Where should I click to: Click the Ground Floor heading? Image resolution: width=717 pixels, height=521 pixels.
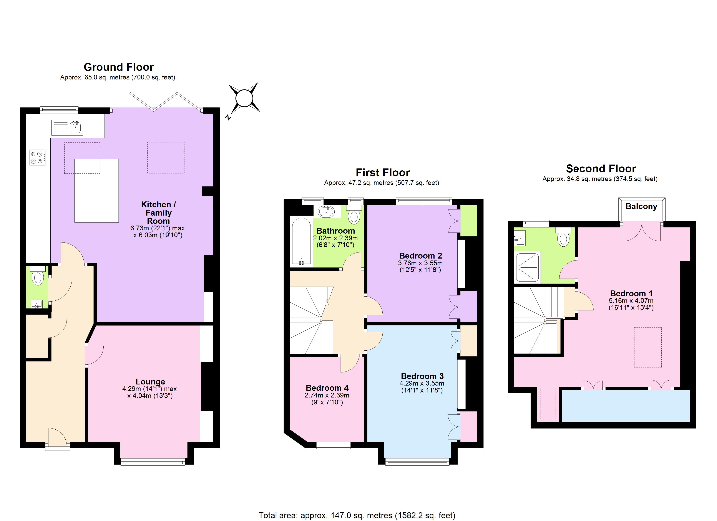pyautogui.click(x=119, y=67)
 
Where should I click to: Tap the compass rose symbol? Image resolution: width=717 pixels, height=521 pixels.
pyautogui.click(x=244, y=98)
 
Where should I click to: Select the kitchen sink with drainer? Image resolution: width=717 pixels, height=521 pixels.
pyautogui.click(x=67, y=128)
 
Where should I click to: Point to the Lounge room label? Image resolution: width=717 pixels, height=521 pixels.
pyautogui.click(x=150, y=382)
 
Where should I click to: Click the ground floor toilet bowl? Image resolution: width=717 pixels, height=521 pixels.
pyautogui.click(x=38, y=278)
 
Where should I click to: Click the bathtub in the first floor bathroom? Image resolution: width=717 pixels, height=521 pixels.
pyautogui.click(x=301, y=242)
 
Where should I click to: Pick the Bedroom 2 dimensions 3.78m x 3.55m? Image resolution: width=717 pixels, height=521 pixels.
pyautogui.click(x=420, y=263)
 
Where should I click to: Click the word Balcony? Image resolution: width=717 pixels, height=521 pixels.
pyautogui.click(x=641, y=206)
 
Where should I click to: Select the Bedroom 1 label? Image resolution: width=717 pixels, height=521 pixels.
pyautogui.click(x=631, y=293)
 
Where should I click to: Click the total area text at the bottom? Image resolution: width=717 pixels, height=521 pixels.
pyautogui.click(x=357, y=515)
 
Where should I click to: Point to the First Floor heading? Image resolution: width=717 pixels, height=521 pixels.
pyautogui.click(x=383, y=173)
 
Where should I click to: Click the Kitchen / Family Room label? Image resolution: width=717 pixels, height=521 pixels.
pyautogui.click(x=158, y=213)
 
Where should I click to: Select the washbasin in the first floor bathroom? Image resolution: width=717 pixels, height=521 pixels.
pyautogui.click(x=326, y=211)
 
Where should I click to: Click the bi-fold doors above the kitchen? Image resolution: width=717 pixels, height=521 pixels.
pyautogui.click(x=166, y=102)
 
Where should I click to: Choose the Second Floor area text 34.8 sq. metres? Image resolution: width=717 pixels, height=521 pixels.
pyautogui.click(x=600, y=179)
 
